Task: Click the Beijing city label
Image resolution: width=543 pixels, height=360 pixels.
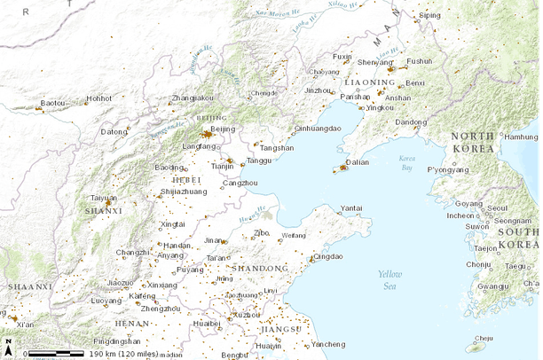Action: tap(224, 129)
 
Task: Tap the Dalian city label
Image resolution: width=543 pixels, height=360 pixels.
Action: tap(358, 162)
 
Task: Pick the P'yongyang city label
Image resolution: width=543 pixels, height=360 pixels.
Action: tap(447, 169)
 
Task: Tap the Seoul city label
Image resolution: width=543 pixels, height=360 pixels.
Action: tap(497, 208)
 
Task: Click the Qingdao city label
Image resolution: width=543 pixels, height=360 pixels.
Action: tap(327, 256)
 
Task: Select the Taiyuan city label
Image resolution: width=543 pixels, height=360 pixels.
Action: tap(105, 198)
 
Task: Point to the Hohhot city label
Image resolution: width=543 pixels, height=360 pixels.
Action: tap(99, 98)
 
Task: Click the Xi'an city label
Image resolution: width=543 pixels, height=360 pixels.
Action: tap(25, 325)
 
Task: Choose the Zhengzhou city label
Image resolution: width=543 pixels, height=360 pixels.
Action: tap(161, 309)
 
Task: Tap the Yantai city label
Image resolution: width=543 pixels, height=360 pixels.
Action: tap(351, 207)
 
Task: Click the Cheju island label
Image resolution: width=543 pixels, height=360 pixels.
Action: tap(484, 338)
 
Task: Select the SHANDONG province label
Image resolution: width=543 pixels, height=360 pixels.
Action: tap(260, 268)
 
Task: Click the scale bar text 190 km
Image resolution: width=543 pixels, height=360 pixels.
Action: tap(106, 354)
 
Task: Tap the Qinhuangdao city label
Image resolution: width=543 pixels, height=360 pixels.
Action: tap(317, 129)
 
